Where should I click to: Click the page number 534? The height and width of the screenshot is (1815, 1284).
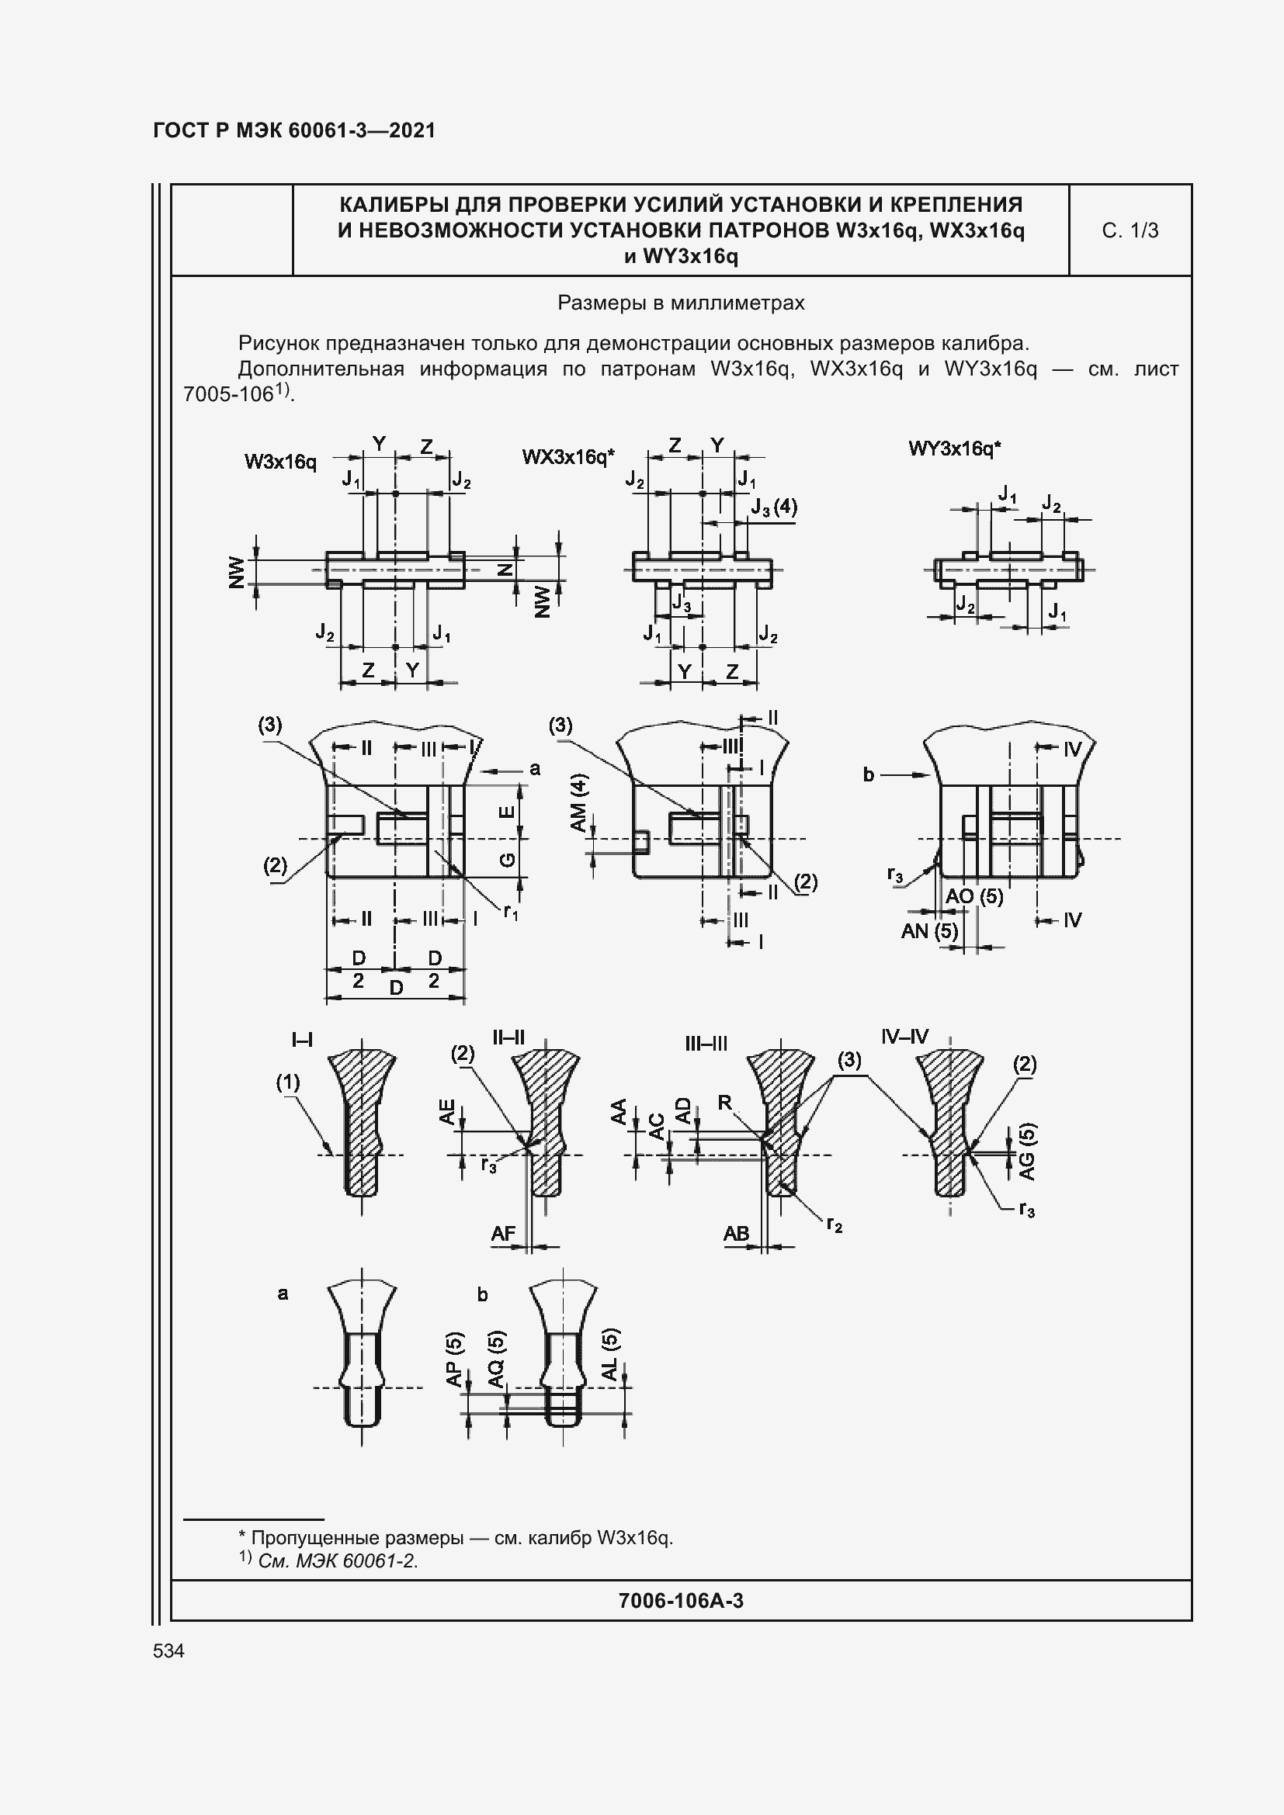coord(168,1650)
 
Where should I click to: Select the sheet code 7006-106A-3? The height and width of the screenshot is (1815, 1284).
coord(681,1600)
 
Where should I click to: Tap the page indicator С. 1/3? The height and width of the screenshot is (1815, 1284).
coord(1130,230)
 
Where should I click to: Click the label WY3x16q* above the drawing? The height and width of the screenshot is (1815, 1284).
coord(954,449)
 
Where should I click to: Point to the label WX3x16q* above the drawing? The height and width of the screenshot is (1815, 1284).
coord(567,457)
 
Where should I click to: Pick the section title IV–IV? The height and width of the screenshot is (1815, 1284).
coord(904,1037)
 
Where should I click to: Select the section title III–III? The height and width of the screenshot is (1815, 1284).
coord(706,1044)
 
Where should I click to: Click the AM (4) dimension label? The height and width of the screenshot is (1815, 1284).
coord(580,803)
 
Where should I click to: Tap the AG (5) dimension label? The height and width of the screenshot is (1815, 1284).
coord(1027,1152)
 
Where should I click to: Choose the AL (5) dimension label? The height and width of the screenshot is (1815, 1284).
coord(611,1354)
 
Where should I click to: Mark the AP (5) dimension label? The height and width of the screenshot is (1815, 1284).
coord(455,1359)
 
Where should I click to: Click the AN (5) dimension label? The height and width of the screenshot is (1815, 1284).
coord(929,931)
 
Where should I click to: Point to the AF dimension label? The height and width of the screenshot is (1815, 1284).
coord(503,1234)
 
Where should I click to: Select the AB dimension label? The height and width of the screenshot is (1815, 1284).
coord(736,1234)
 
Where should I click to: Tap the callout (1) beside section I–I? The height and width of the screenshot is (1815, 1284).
coord(288,1082)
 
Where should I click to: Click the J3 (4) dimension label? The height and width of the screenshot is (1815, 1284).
coord(774,507)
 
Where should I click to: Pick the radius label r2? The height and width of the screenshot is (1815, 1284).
coord(834,1225)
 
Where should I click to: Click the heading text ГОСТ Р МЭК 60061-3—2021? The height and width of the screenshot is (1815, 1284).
coord(294,130)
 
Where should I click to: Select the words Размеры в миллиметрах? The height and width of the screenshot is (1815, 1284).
coord(681,303)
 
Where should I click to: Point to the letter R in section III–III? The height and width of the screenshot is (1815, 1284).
coord(725,1103)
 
